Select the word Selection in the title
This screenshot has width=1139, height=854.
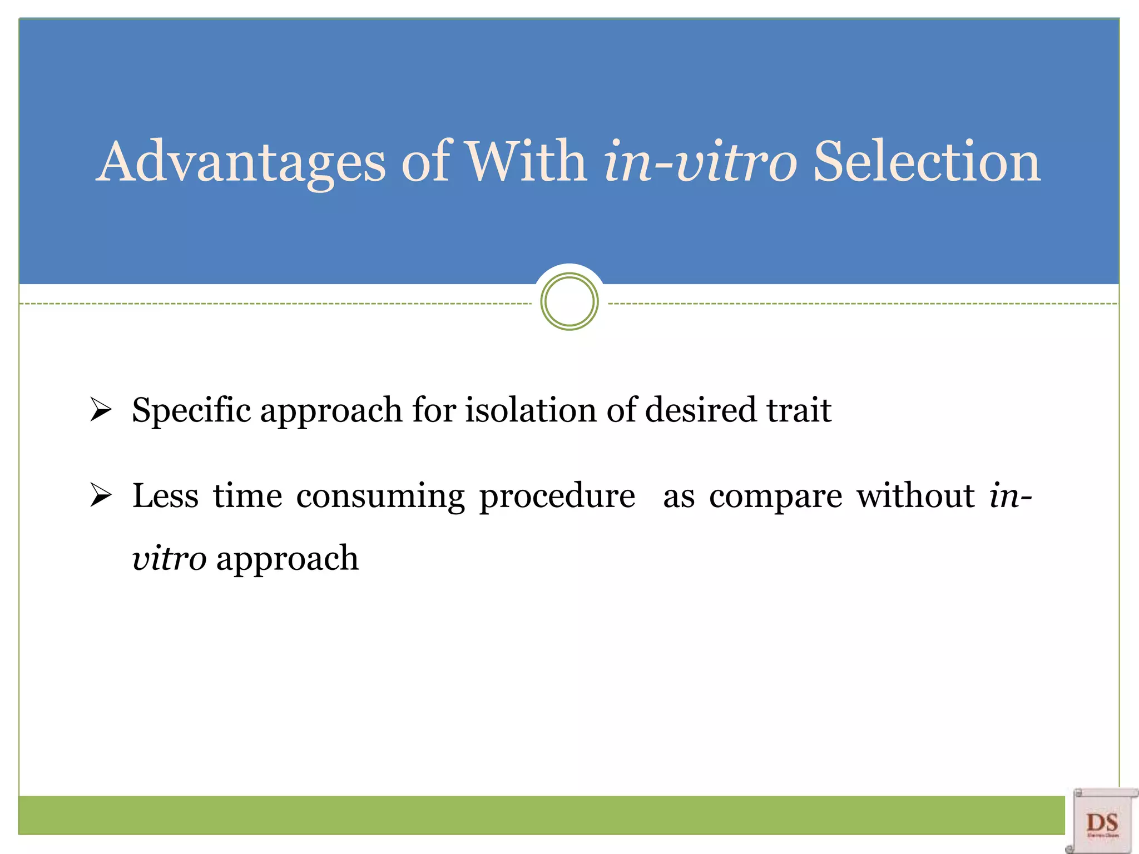927,162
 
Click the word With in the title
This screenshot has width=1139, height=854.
526,162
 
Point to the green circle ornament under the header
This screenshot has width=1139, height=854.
569,302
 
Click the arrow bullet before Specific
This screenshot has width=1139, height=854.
101,410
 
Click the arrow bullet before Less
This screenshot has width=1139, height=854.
101,495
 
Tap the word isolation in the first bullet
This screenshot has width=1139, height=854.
531,410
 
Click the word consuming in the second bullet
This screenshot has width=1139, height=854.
380,496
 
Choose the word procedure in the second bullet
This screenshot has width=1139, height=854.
557,496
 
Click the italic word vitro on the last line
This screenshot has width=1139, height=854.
169,558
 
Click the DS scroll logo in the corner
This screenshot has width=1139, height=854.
1102,821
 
